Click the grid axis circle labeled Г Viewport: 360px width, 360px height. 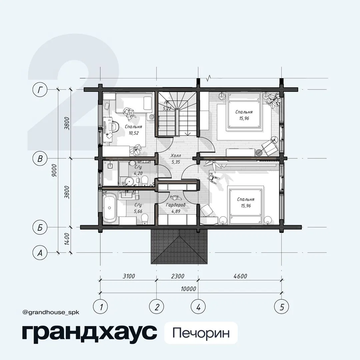40,90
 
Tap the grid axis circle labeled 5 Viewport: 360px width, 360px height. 282,307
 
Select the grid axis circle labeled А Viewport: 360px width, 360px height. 40,253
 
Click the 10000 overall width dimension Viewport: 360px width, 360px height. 188,289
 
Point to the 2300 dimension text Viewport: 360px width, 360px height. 177,276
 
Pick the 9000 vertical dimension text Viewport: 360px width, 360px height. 54,170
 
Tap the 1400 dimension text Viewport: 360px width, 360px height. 67,239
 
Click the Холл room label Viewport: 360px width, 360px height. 176,156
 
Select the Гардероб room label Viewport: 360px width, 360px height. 176,205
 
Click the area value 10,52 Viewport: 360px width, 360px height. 134,133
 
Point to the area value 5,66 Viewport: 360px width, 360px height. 138,211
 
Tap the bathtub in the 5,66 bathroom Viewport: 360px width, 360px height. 109,208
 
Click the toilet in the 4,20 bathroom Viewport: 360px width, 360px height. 145,181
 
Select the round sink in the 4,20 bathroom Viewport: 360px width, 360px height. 129,181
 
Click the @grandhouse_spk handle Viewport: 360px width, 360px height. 51,312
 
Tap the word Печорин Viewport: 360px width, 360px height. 201,333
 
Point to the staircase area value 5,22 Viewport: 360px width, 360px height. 167,108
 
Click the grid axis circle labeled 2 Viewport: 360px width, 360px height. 157,307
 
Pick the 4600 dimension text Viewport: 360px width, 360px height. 240,276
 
